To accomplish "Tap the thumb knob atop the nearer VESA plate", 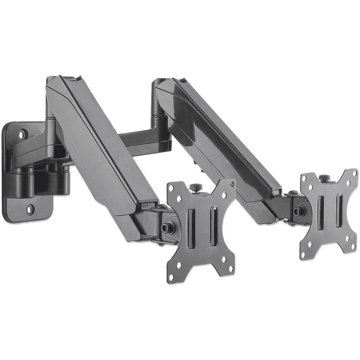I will [194, 188].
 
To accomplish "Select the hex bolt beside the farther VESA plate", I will [297, 212].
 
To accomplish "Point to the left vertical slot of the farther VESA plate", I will [320, 213].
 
